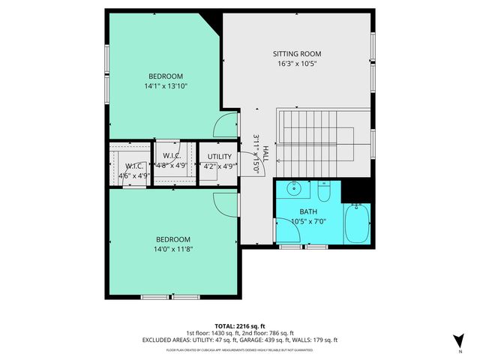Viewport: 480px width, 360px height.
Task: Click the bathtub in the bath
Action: coord(357,223)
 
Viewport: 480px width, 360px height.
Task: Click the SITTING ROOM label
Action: coord(296,53)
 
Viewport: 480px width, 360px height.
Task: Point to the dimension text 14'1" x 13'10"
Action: coord(165,86)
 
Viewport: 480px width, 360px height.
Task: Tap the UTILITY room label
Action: coord(220,157)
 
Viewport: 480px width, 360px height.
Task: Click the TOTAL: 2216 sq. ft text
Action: coord(240,325)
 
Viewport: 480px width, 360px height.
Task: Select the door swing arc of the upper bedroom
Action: coord(226,126)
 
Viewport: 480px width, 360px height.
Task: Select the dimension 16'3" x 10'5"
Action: coord(296,64)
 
